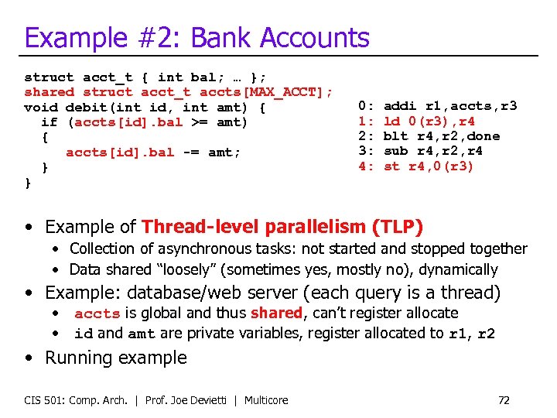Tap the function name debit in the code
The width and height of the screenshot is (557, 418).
click(86, 107)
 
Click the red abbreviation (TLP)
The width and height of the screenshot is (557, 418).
click(398, 227)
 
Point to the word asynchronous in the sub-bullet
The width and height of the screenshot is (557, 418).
click(195, 248)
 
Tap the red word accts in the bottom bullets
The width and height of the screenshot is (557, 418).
click(97, 313)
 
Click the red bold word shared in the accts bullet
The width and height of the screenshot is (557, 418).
click(276, 313)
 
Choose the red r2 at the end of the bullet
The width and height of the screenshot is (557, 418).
click(485, 334)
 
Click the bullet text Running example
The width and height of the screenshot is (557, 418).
click(116, 358)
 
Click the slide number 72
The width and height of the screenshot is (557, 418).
click(504, 400)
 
